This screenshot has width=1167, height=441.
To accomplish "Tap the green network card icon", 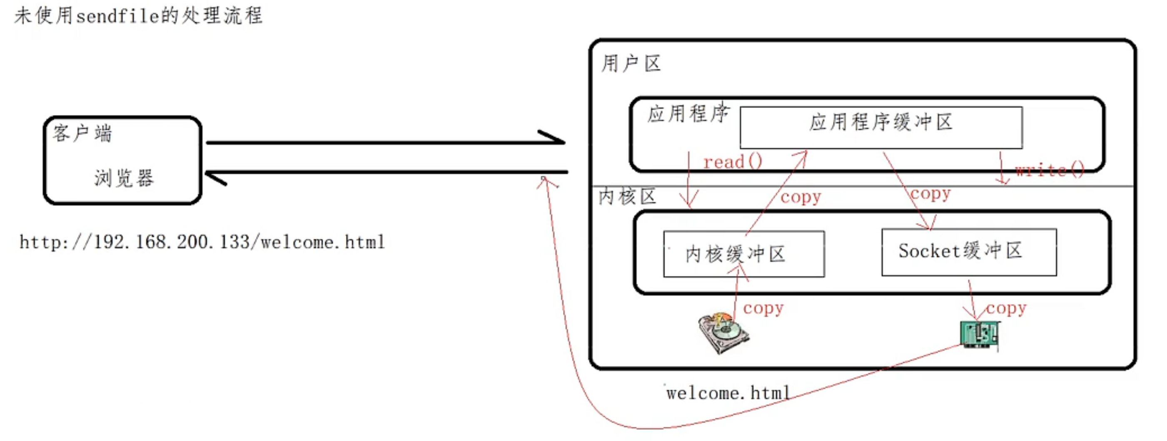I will (x=980, y=334).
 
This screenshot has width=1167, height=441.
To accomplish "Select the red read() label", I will (x=733, y=162).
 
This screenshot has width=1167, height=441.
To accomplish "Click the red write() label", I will (x=1049, y=170).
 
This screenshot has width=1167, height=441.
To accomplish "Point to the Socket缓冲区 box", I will (x=969, y=252).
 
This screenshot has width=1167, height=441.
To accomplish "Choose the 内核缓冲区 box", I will (x=743, y=254).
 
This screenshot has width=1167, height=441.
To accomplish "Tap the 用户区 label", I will (x=631, y=63).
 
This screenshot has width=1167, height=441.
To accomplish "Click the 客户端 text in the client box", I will (x=82, y=133).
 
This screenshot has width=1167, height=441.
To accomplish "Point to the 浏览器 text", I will (x=124, y=178).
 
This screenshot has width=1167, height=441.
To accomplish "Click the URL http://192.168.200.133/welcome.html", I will (x=202, y=242).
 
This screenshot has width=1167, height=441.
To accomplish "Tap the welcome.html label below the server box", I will (x=728, y=393).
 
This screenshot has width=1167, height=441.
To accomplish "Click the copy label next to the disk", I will (x=763, y=308).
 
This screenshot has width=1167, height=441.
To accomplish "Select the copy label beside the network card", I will (x=1006, y=308).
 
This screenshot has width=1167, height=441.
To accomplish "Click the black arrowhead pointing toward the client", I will (x=215, y=178).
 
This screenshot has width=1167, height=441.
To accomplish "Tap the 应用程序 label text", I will (x=688, y=113).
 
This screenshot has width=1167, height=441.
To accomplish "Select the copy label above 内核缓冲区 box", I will (x=800, y=197).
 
